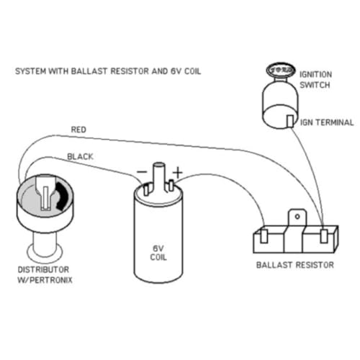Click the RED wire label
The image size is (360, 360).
[79, 129]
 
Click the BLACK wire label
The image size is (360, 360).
[79, 156]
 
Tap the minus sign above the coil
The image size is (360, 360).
[142, 173]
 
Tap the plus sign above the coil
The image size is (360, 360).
[177, 173]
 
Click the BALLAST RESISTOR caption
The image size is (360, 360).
[294, 265]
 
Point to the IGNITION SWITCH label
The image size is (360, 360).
[315, 77]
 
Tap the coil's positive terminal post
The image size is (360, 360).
[171, 189]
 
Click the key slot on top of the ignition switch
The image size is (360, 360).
[276, 68]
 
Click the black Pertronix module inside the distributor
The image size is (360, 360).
[60, 193]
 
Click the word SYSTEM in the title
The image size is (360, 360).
[29, 73]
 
